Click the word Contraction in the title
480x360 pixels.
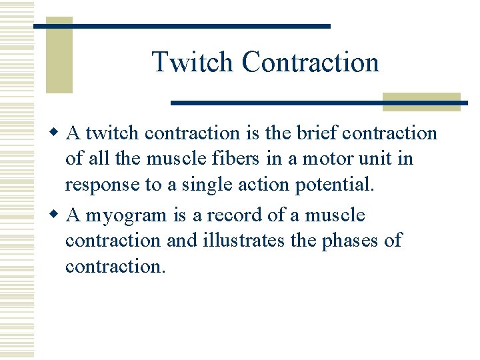(x=310, y=62)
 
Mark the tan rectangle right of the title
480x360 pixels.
(x=421, y=102)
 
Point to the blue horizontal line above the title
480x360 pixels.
(x=182, y=26)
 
